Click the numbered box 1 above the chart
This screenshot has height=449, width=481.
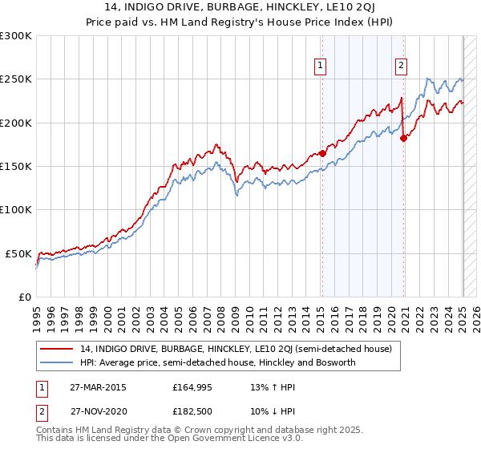tap(321, 67)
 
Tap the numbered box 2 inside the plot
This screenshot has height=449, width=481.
tap(401, 67)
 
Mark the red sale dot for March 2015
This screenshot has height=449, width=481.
tap(322, 153)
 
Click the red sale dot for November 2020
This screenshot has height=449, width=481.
tap(403, 138)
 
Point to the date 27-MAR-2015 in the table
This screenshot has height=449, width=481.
tap(97, 387)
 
